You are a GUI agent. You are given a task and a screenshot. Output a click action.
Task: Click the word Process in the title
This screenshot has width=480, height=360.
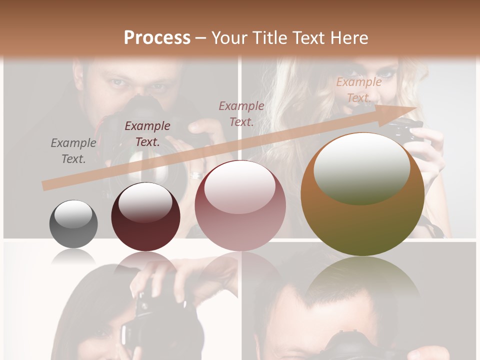[x=157, y=38]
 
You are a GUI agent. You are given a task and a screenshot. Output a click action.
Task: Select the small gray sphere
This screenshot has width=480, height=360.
[x=73, y=224]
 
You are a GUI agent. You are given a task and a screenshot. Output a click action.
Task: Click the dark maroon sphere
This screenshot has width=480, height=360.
[x=145, y=216]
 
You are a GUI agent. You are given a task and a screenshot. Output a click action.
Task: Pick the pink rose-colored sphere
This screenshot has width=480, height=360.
[x=240, y=205]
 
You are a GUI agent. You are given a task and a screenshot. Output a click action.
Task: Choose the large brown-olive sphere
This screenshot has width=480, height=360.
[x=362, y=194]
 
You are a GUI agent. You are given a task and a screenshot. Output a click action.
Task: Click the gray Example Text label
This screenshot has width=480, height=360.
[x=73, y=151]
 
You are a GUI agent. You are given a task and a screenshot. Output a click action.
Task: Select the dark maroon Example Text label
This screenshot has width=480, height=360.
[x=147, y=134]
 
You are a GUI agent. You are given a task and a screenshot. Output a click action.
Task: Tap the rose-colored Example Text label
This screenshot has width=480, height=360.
[x=241, y=114]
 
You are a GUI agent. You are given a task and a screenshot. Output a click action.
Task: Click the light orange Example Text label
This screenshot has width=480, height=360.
[x=358, y=90]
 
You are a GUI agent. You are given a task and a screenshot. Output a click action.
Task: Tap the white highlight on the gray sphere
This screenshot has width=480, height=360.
[x=73, y=213]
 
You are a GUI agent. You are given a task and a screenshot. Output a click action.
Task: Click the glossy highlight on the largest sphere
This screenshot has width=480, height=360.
[x=361, y=168]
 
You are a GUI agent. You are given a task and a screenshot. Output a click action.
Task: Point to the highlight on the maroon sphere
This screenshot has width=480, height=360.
[x=145, y=201]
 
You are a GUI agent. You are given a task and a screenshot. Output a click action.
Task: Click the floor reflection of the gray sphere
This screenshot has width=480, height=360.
[x=73, y=257]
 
